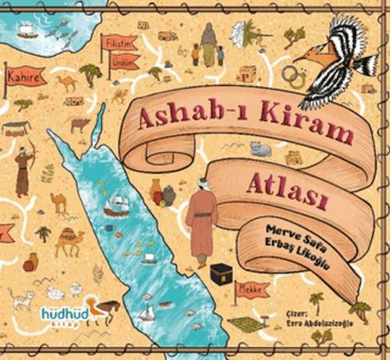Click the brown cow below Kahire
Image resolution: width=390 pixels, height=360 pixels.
[x=80, y=125]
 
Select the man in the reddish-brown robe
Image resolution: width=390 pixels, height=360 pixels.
[x=201, y=227]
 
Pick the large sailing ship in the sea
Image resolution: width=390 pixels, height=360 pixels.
[x=117, y=204]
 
